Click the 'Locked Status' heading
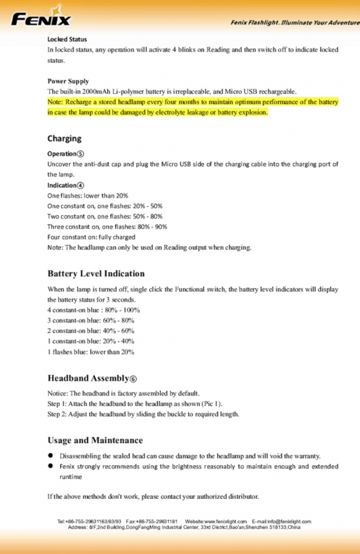tap(67, 40)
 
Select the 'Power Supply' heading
tap(68, 81)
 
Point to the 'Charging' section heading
tap(64, 139)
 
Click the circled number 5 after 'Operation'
tap(80, 154)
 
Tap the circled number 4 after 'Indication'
tap(80, 185)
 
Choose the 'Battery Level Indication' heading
tap(96, 274)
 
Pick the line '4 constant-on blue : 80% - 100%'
tap(93, 310)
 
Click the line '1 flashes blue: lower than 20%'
tap(91, 352)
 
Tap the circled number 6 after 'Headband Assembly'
tap(134, 379)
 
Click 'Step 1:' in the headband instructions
tap(58, 403)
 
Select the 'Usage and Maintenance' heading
tap(95, 441)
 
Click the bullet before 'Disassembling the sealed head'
tap(52, 456)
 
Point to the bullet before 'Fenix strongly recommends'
tap(52, 466)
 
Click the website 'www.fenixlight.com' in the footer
tap(226, 522)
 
